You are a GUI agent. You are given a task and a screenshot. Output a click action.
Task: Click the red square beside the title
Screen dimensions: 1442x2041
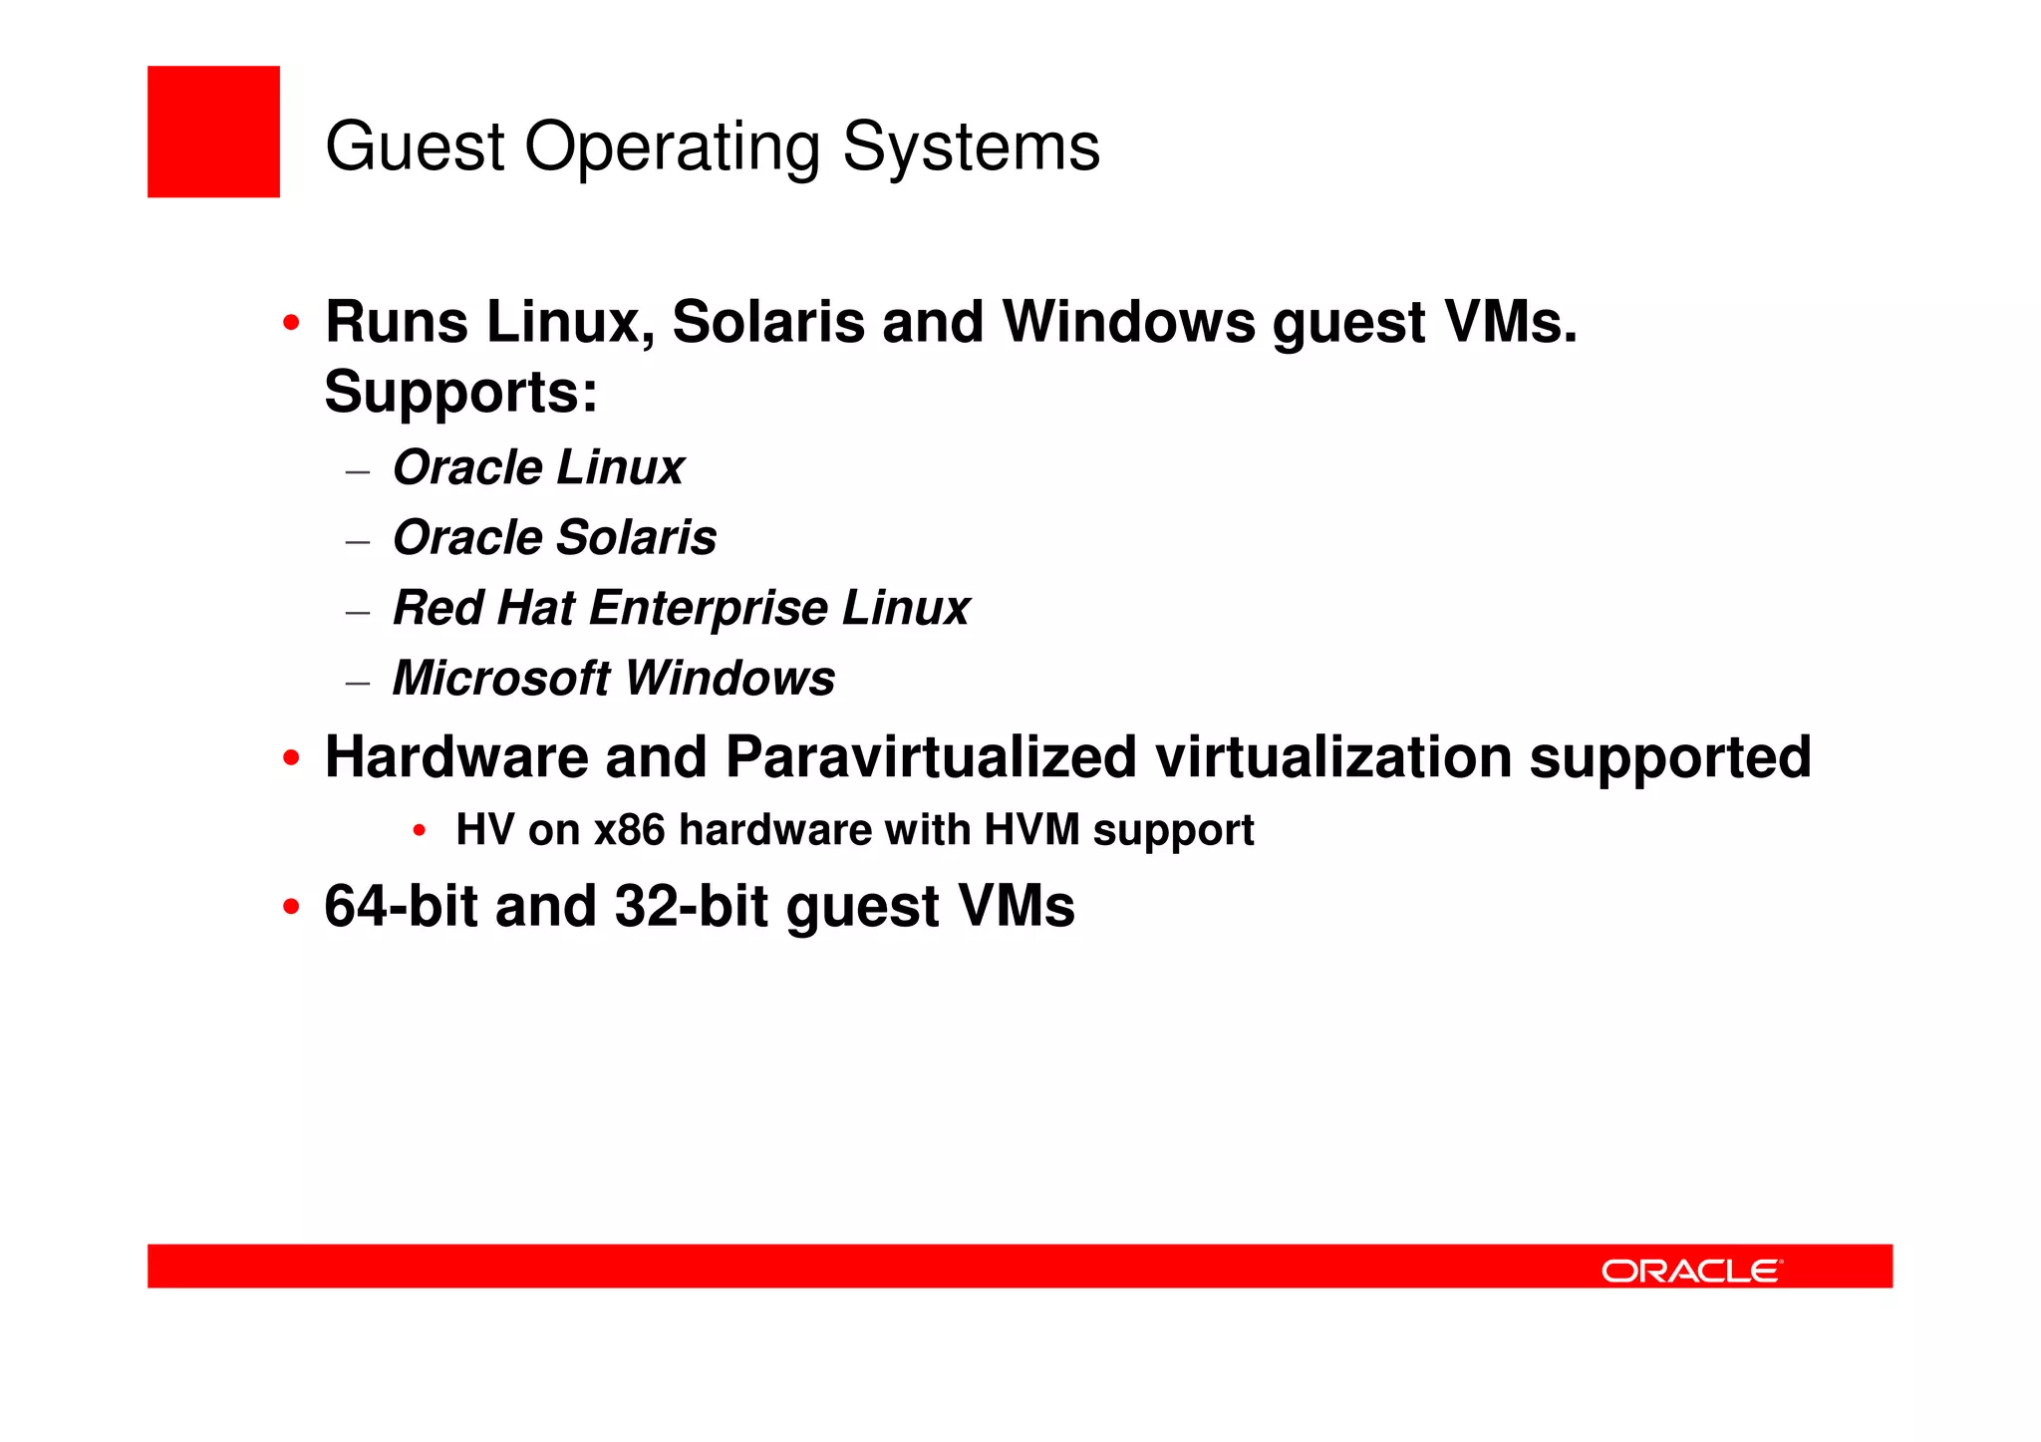(213, 132)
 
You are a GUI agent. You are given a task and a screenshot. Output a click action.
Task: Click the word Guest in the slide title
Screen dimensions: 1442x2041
(416, 147)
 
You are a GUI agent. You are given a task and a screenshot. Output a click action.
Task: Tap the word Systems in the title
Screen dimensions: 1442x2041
(971, 147)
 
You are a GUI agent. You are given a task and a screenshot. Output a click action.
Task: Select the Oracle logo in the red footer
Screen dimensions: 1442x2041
(1691, 1271)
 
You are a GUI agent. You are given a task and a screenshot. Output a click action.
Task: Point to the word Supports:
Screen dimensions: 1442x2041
(460, 392)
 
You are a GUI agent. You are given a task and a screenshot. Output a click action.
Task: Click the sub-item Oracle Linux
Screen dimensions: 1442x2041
(538, 467)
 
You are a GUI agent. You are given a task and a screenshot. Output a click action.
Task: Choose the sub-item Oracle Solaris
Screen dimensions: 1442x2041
(554, 538)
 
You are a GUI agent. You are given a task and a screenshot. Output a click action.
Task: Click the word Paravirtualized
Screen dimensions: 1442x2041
(931, 757)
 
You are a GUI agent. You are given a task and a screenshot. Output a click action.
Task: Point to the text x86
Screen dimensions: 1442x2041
(629, 830)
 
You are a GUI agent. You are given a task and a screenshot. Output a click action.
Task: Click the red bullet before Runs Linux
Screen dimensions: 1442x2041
(291, 323)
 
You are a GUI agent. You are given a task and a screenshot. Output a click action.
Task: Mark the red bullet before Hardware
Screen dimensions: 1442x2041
(291, 758)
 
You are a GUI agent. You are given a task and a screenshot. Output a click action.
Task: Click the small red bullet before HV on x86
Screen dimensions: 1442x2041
(420, 830)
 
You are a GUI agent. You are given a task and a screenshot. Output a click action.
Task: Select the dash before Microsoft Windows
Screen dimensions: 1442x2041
(358, 683)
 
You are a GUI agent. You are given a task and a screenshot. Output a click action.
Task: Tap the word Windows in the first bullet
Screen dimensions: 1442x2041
(1129, 323)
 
